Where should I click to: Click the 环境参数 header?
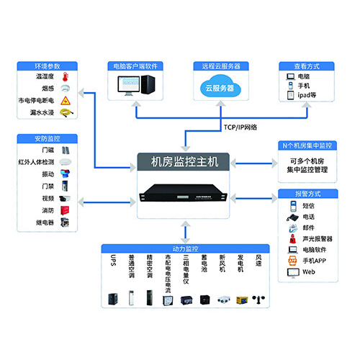(42, 66)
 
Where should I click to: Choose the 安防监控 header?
(42, 137)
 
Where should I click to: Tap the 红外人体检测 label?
(36, 162)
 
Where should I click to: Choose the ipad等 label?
(308, 95)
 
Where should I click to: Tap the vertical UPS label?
(113, 264)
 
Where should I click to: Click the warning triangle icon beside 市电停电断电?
(65, 100)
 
